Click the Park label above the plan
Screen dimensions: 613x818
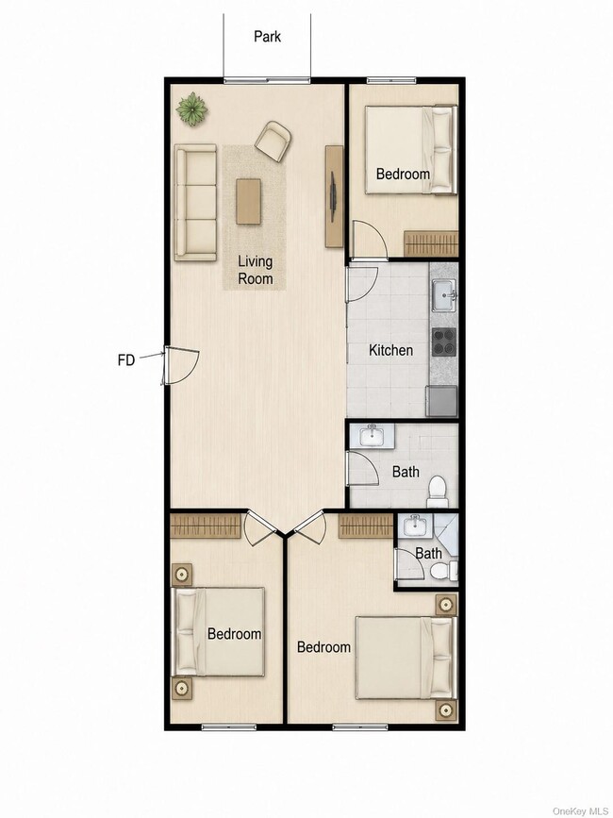click(x=267, y=37)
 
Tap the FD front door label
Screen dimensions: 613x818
click(x=126, y=359)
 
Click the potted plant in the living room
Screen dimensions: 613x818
click(x=192, y=109)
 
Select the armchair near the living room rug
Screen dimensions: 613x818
click(x=273, y=141)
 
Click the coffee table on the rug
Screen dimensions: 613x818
click(x=248, y=201)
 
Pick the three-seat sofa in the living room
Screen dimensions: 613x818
click(x=195, y=203)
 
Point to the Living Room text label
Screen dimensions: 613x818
click(x=256, y=270)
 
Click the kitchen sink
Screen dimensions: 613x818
click(x=443, y=294)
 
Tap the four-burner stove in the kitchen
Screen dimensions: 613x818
click(x=443, y=342)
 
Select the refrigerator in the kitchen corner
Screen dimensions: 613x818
click(x=441, y=401)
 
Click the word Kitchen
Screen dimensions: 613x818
click(x=391, y=350)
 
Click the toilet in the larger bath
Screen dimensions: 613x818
click(x=438, y=492)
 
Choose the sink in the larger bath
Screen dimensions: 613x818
click(x=372, y=436)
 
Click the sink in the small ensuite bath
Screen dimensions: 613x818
click(x=415, y=526)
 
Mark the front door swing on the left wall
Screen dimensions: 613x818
click(x=181, y=366)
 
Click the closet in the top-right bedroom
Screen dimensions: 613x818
click(x=431, y=243)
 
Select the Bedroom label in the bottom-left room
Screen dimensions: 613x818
click(x=235, y=634)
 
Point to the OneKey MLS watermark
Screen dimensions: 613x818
click(x=580, y=811)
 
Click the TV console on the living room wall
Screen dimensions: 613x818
click(x=334, y=196)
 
